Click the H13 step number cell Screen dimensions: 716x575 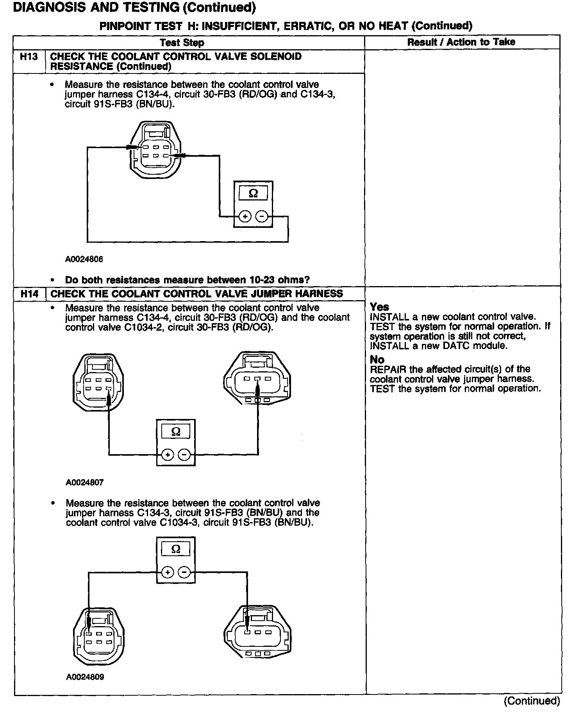(x=29, y=57)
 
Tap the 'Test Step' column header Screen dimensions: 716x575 (x=182, y=43)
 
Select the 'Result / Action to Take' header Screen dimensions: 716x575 (x=461, y=42)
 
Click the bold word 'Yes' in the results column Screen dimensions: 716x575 (x=379, y=307)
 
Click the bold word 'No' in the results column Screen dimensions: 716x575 (x=377, y=360)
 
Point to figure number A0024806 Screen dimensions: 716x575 (x=84, y=259)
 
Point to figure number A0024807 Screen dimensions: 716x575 (x=84, y=482)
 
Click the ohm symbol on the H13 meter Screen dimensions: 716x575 (x=253, y=193)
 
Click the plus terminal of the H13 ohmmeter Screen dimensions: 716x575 (x=245, y=216)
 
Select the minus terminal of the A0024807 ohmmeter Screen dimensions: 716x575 (x=184, y=455)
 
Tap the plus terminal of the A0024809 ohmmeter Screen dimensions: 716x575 (x=167, y=573)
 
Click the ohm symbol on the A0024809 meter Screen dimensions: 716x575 (x=176, y=549)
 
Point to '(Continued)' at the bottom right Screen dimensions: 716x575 (x=532, y=701)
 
